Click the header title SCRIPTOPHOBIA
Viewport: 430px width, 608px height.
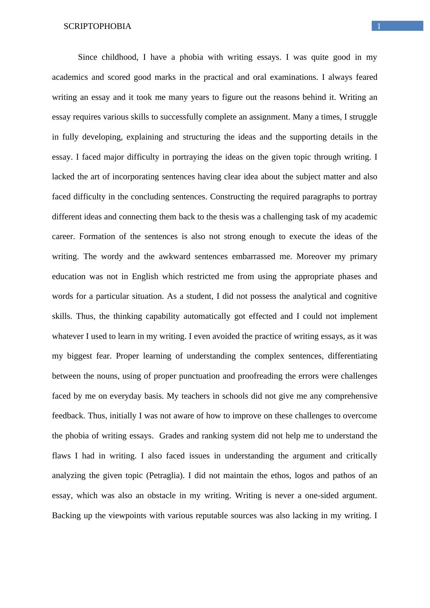click(x=97, y=26)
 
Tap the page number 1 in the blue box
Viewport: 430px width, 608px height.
click(x=379, y=26)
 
